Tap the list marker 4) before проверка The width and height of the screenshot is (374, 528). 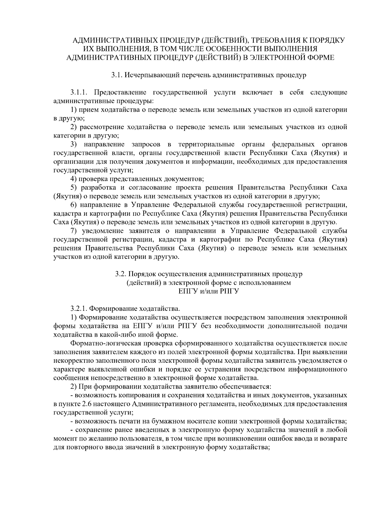(74, 179)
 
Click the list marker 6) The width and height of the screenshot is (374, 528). (74, 205)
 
